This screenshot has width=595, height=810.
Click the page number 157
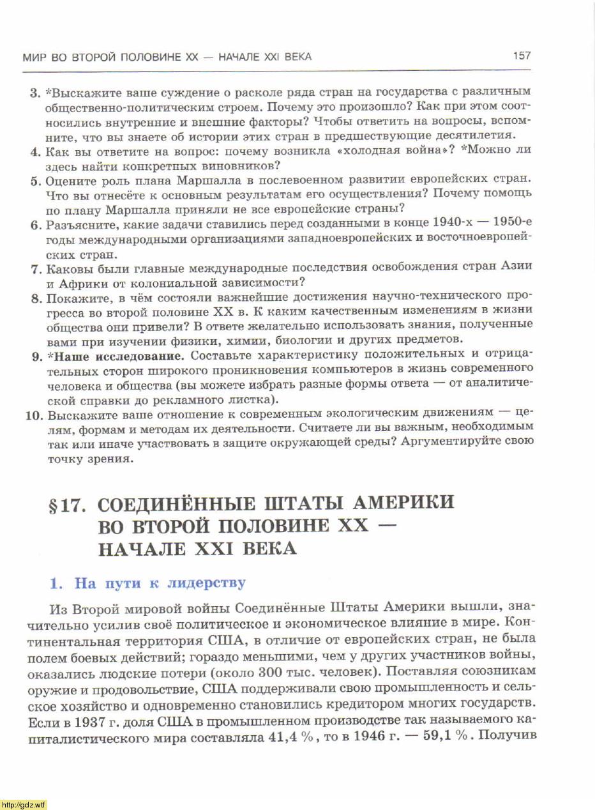pyautogui.click(x=522, y=56)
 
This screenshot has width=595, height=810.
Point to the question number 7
pyautogui.click(x=36, y=268)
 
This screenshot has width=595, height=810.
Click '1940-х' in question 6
pyautogui.click(x=453, y=224)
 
